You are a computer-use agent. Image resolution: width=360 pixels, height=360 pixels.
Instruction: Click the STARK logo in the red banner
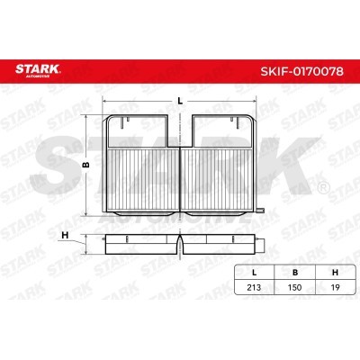tap(38, 70)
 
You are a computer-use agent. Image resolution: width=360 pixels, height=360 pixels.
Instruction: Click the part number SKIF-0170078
tap(301, 71)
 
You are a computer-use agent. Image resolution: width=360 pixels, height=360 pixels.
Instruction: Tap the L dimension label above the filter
tap(180, 101)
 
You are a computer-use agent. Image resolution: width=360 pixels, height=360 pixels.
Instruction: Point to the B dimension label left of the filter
tap(86, 165)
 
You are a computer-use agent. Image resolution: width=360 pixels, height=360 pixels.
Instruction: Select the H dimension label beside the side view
tap(65, 236)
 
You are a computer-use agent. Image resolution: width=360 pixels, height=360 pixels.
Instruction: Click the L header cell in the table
tap(255, 273)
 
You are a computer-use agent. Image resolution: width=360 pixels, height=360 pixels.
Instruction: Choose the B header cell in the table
tap(295, 273)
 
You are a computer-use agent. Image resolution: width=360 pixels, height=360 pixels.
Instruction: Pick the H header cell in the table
tap(336, 273)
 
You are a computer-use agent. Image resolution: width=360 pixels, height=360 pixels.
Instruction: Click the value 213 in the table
tap(254, 287)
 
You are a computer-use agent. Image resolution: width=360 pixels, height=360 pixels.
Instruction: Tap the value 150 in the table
tap(294, 287)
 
